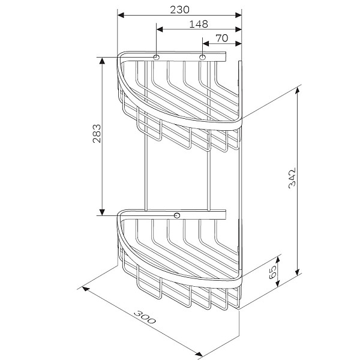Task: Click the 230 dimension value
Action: [179, 9]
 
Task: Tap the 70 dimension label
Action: [221, 38]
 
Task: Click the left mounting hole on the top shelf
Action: [156, 58]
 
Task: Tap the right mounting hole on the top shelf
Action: [203, 58]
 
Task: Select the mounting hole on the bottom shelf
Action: [177, 215]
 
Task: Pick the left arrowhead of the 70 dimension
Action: [205, 43]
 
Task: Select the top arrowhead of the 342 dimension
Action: [298, 91]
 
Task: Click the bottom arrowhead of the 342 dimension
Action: [298, 274]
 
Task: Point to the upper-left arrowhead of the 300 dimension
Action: [86, 289]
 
